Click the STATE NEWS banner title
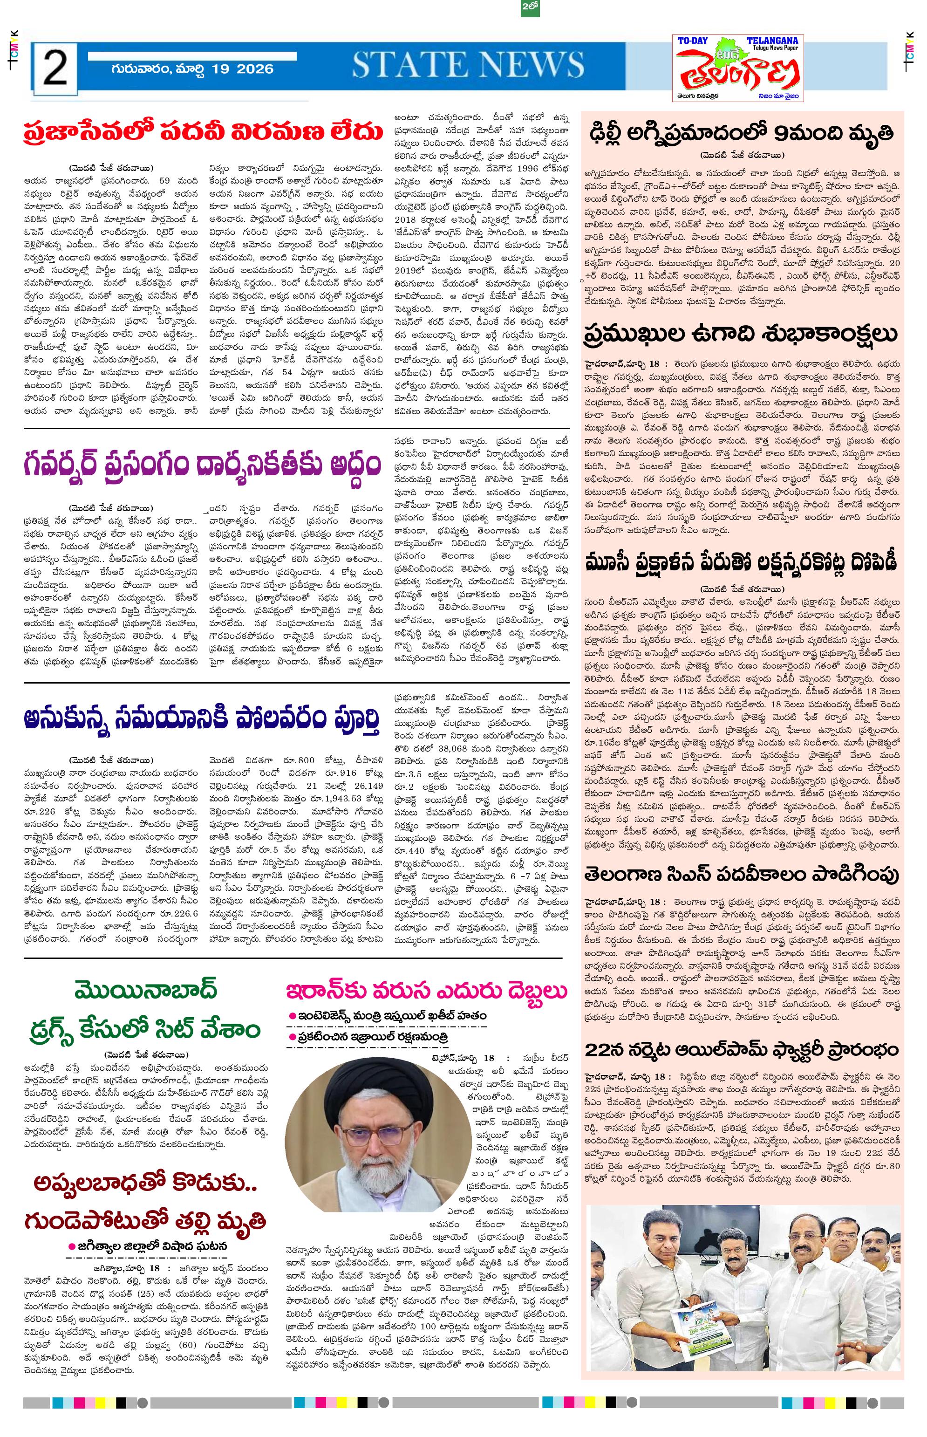(468, 66)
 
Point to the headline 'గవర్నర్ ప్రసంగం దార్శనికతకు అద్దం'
(203, 465)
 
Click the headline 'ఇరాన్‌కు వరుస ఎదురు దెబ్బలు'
(427, 990)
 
